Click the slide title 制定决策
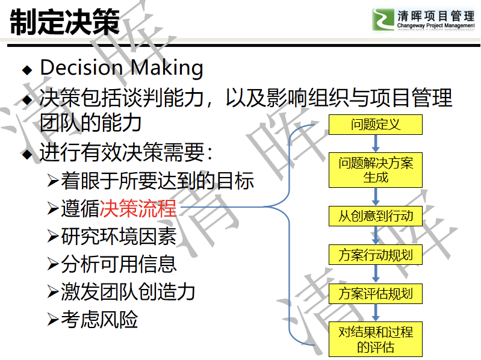click(x=65, y=22)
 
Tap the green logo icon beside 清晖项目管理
click(x=383, y=19)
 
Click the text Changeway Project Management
click(x=436, y=25)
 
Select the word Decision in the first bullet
click(x=82, y=67)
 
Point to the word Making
click(x=167, y=68)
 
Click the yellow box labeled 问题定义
click(x=376, y=125)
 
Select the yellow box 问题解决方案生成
click(x=376, y=170)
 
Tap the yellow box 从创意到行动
click(x=376, y=216)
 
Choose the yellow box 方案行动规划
click(x=376, y=255)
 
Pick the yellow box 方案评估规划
click(x=376, y=293)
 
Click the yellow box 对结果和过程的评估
click(x=376, y=339)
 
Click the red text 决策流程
click(x=138, y=208)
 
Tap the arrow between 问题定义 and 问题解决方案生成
click(x=376, y=143)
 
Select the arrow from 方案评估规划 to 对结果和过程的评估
click(x=376, y=313)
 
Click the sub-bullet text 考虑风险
click(x=99, y=319)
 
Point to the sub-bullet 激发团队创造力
click(x=128, y=291)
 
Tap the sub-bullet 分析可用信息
click(x=119, y=264)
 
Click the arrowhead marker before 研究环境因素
click(x=53, y=236)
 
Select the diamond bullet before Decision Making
click(x=27, y=70)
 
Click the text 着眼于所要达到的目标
click(x=157, y=181)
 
